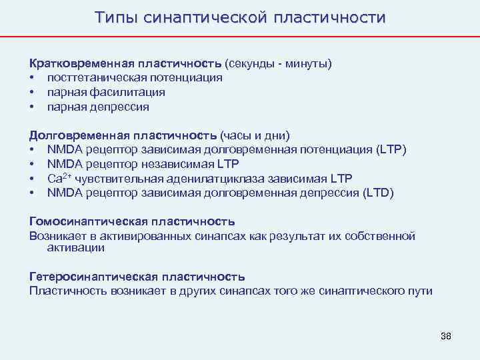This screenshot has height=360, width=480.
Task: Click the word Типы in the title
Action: [x=115, y=17]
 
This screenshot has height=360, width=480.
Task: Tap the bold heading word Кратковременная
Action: [x=81, y=64]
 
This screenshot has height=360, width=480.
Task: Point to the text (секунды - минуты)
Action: [x=278, y=64]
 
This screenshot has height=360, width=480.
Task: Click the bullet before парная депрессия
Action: [x=32, y=107]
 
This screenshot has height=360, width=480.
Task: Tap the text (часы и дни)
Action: [x=255, y=136]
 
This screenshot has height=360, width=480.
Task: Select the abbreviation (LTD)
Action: [x=378, y=193]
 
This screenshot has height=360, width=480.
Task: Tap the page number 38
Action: [x=445, y=335]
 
